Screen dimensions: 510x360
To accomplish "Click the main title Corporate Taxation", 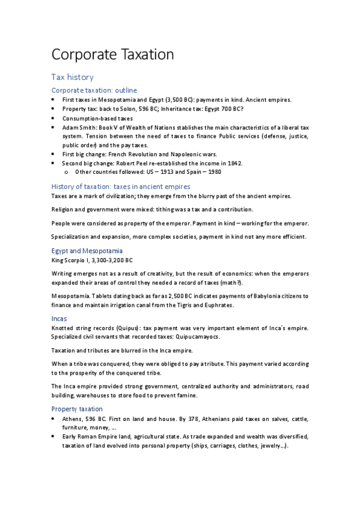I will tap(112, 55).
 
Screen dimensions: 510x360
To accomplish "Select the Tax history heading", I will tap(72, 78).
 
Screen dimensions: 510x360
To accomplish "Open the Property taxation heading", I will tap(77, 408).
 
